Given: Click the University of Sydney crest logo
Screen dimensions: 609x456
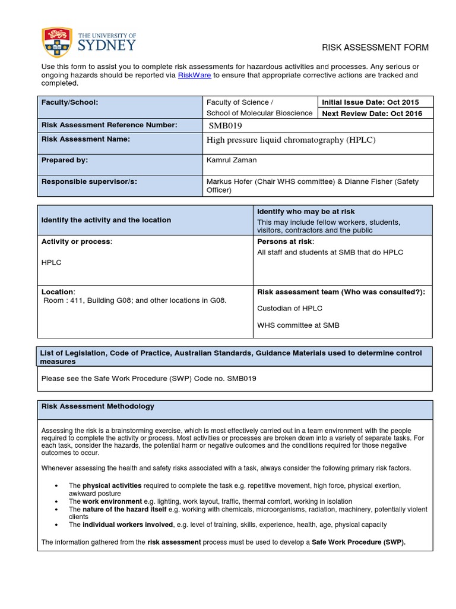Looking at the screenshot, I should (x=57, y=44).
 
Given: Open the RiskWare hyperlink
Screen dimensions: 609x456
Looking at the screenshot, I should (x=194, y=76).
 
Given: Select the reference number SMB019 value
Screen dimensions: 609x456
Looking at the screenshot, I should (x=226, y=125).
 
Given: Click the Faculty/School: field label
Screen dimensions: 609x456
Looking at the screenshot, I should (x=69, y=102).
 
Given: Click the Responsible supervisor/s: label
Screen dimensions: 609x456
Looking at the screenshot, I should (x=89, y=181).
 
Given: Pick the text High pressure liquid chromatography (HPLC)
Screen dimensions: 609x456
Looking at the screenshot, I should (x=291, y=140).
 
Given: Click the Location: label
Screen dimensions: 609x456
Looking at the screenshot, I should (x=58, y=292).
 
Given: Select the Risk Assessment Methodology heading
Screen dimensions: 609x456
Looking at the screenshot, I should (x=98, y=406).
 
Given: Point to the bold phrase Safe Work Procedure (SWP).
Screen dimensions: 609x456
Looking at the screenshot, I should (x=359, y=542).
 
